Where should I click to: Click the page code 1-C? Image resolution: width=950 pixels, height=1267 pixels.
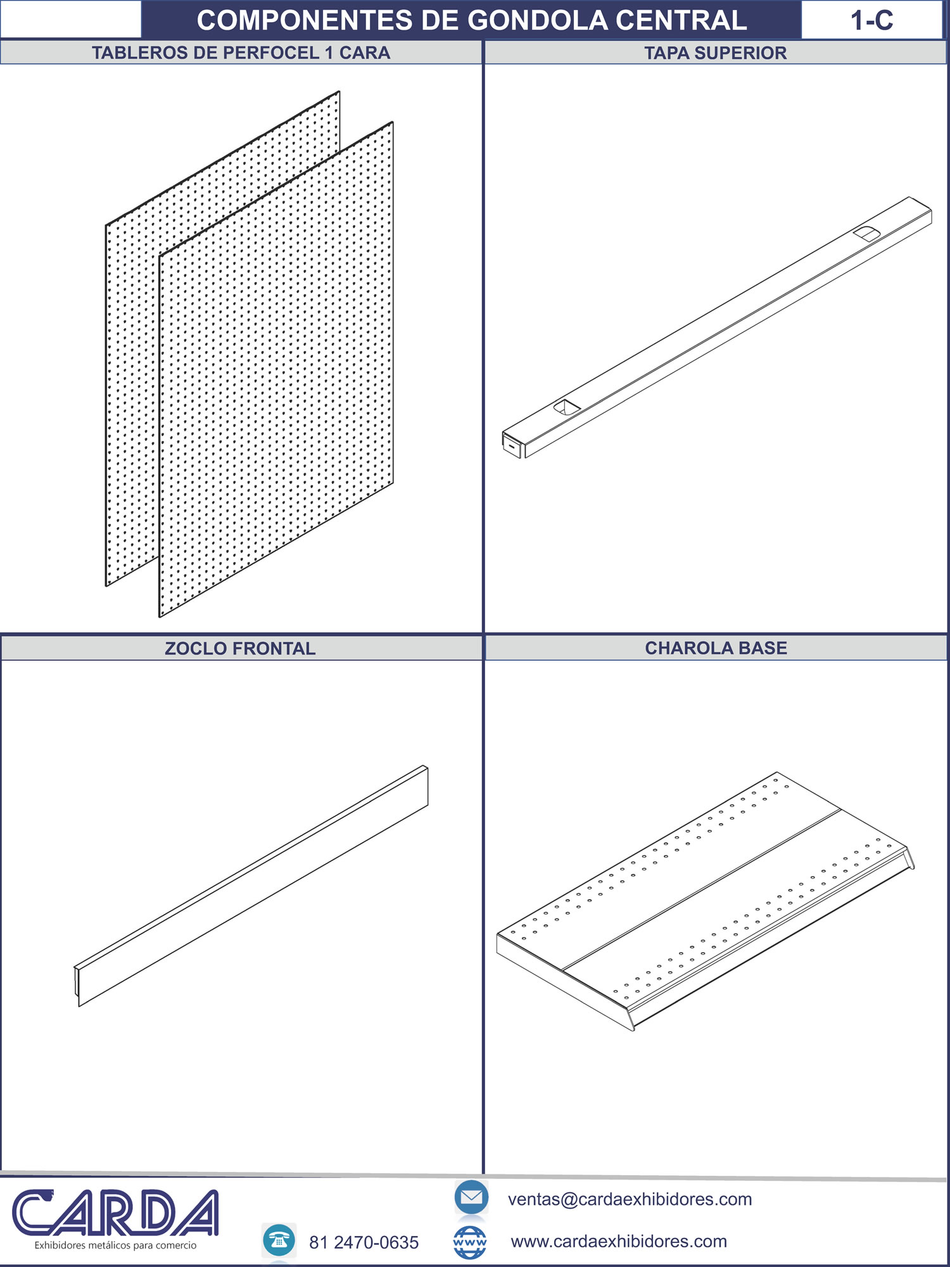871,21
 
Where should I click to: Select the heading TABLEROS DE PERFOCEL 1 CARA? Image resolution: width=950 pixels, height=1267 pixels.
241,53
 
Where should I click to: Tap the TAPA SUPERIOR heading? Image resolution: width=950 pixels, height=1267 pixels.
716,53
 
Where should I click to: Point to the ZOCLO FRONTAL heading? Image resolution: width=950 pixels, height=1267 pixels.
240,648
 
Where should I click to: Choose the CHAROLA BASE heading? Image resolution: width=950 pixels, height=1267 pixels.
716,647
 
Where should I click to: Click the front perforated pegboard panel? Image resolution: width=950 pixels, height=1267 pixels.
276,369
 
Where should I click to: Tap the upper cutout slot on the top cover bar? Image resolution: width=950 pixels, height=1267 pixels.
866,233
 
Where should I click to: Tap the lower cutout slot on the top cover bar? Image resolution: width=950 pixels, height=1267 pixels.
567,407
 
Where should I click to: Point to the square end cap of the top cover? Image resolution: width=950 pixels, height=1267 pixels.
512,444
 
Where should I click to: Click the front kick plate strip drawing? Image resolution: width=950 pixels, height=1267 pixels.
251,886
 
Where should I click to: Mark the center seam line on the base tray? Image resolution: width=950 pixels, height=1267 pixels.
702,889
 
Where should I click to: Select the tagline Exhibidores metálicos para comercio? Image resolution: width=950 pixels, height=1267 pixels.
115,1245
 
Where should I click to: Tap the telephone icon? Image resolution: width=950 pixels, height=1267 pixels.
279,1240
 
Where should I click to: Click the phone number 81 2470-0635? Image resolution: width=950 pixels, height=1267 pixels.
364,1242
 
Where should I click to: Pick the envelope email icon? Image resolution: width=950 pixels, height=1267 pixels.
471,1197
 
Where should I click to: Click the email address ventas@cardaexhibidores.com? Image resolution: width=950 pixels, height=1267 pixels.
630,1199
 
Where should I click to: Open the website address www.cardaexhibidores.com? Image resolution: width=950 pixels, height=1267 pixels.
619,1241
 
